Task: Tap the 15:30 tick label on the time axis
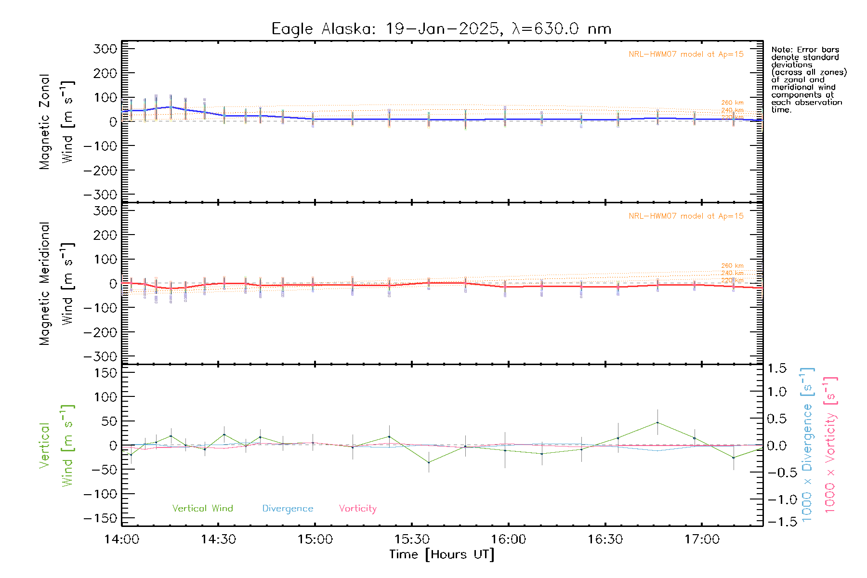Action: (x=412, y=539)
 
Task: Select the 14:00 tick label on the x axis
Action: (x=122, y=539)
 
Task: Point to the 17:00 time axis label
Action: (x=702, y=539)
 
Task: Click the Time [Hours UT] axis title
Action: (x=442, y=554)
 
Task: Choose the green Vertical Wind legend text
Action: (x=202, y=508)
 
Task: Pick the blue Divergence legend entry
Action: (x=288, y=508)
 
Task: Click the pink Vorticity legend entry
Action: (x=357, y=508)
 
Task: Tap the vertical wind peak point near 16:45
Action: (x=657, y=422)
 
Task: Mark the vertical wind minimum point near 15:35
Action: (x=429, y=462)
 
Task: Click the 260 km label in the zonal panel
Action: (x=732, y=103)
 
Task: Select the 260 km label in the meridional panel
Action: (x=732, y=265)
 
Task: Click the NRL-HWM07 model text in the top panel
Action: (x=686, y=54)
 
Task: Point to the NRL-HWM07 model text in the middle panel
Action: (x=686, y=216)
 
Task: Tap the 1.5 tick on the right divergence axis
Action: (x=776, y=368)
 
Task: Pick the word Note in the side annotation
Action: (x=781, y=50)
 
